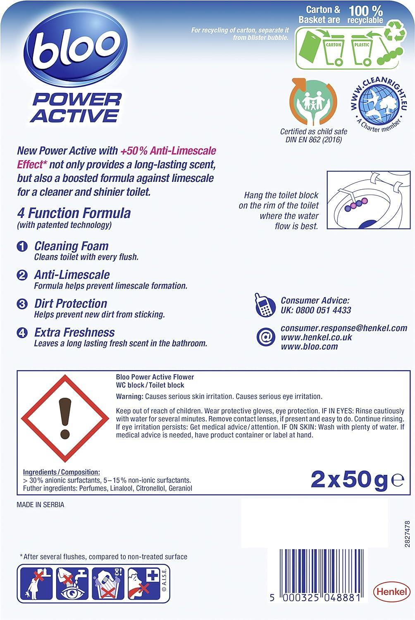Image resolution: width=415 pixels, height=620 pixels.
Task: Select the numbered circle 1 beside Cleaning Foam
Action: pos(22,247)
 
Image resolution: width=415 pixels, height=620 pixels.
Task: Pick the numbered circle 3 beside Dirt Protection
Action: pos(22,304)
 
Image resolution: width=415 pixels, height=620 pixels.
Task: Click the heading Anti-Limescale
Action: pos(72,275)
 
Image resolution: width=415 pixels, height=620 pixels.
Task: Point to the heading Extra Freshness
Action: pos(74,332)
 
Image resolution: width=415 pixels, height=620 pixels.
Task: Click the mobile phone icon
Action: pos(265,305)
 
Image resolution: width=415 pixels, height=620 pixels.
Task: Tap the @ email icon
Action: pos(265,337)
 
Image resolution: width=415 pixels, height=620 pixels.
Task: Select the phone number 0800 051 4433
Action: pos(324,310)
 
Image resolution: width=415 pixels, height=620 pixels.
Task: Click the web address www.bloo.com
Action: pos(309,347)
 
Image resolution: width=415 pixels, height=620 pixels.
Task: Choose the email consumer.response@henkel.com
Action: pos(344,328)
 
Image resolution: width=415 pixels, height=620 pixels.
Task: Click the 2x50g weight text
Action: pos(349,480)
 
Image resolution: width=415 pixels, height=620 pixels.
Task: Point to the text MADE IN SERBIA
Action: pos(41,505)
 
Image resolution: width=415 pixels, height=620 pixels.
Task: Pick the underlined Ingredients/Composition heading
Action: pos(61,472)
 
